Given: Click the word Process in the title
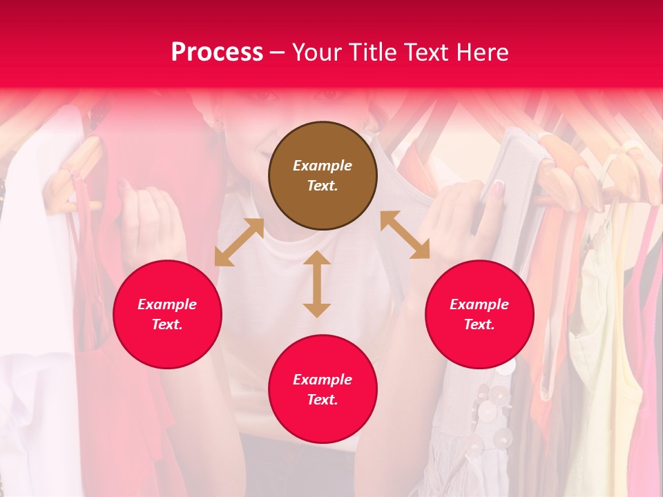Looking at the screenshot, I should click(217, 52).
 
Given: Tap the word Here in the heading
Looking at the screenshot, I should click(481, 52).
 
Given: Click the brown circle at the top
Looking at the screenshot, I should click(323, 175).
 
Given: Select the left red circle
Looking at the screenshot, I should click(167, 314).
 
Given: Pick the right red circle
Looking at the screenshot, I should click(479, 314).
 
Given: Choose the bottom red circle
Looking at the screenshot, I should click(323, 389).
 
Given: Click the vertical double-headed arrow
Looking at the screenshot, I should click(317, 284).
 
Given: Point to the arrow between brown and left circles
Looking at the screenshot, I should click(239, 242).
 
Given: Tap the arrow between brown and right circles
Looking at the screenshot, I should click(405, 235).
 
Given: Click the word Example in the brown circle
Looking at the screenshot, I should click(323, 166).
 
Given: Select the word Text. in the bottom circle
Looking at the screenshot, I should click(323, 400).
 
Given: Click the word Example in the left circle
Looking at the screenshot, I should click(167, 304).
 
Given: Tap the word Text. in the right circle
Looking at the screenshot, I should click(479, 324).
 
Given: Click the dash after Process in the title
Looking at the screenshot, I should click(277, 52).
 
